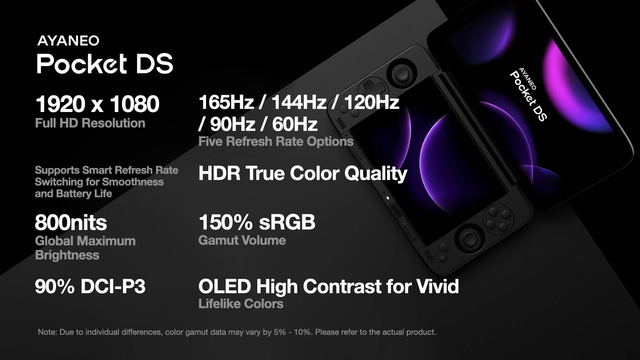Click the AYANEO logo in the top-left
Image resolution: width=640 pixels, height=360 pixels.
(x=68, y=41)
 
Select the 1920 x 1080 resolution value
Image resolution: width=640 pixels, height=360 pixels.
(x=97, y=104)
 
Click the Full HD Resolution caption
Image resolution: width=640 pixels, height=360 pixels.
(x=90, y=123)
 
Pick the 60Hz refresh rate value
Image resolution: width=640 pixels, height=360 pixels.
(x=295, y=124)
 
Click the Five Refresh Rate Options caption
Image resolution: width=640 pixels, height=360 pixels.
(x=276, y=141)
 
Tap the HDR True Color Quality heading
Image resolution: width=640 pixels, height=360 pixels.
(x=303, y=173)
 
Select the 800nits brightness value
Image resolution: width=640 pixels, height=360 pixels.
(x=71, y=223)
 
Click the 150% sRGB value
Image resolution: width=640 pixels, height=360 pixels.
(x=257, y=222)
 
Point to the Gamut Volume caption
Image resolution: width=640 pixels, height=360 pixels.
(x=242, y=240)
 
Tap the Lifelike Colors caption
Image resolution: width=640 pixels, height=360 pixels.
(x=241, y=304)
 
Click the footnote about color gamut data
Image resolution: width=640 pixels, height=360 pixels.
(x=237, y=332)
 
